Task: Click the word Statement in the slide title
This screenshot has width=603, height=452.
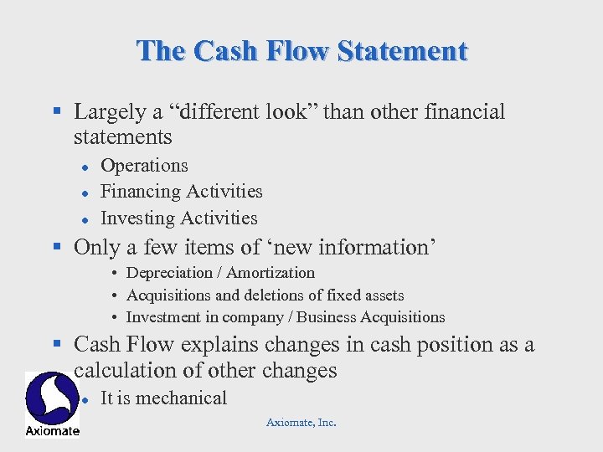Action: (x=402, y=51)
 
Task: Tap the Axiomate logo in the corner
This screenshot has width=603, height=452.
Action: (x=52, y=403)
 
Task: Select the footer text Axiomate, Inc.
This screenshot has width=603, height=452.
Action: (x=301, y=423)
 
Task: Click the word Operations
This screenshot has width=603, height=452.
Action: (x=144, y=166)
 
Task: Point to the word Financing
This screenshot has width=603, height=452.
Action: (x=139, y=192)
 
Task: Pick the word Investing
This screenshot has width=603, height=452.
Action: (x=137, y=218)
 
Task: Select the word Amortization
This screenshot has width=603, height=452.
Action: (x=271, y=273)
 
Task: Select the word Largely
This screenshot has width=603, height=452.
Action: (x=106, y=112)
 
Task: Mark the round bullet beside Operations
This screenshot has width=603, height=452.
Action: (x=85, y=167)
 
